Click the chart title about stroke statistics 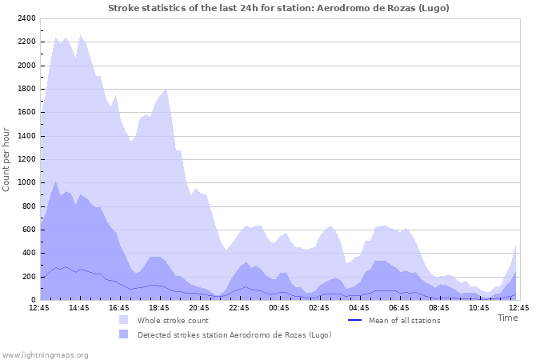coord(278,8)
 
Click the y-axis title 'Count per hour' coord(7,158)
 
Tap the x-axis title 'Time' coord(507,318)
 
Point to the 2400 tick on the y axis coord(26,18)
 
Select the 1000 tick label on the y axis coord(26,182)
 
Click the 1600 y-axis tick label coord(26,112)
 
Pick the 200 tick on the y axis coord(28,277)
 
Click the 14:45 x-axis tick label coord(79,307)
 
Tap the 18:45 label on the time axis coord(159,307)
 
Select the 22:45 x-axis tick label coord(239,307)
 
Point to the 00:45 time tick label coord(279,307)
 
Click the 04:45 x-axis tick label coord(359,307)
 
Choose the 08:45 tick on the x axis coord(439,307)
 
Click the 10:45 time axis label coord(479,307)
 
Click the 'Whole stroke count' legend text coord(173,320)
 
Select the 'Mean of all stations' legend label coord(404,320)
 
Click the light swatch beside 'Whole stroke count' coord(123,320)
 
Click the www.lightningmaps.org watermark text coord(45,354)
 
